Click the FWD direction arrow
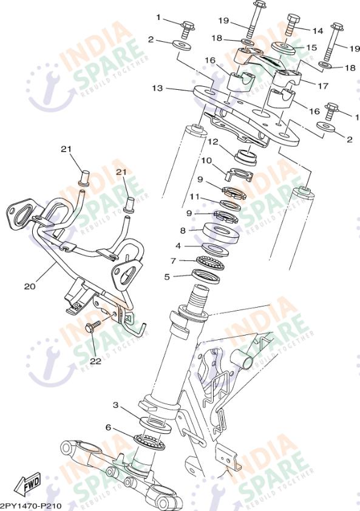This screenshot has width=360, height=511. point(29,483)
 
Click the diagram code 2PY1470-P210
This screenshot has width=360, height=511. point(31,506)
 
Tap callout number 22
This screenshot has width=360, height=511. point(95,360)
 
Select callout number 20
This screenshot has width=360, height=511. point(30,286)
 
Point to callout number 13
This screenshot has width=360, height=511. point(157,88)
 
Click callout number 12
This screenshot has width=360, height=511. point(212,142)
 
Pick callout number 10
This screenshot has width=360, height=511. point(206,161)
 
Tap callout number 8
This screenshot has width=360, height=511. point(183,231)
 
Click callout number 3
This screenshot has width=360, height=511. point(116,405)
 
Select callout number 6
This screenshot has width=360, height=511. point(108,427)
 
